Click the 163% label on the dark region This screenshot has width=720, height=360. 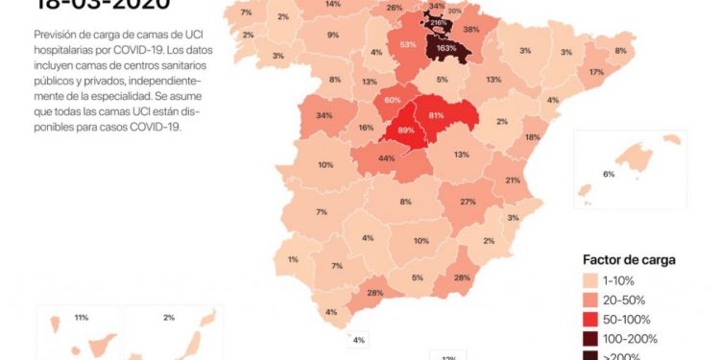tap(445, 47)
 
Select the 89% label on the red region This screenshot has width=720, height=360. tap(406, 131)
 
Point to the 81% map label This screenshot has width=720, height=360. tap(437, 115)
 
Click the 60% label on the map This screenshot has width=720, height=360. tap(392, 100)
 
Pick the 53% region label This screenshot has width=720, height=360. tap(408, 45)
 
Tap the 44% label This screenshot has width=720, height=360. tap(387, 158)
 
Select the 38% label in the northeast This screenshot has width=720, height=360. tap(471, 30)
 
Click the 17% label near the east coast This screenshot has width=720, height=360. tap(596, 72)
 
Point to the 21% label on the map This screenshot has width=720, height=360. tap(513, 180)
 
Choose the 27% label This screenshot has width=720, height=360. tap(468, 202)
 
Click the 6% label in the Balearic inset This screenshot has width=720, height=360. tap(608, 174)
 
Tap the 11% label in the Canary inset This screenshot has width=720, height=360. tap(81, 317)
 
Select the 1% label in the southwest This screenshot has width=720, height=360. tap(293, 258)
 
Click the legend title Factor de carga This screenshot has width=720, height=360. tap(629, 259)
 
